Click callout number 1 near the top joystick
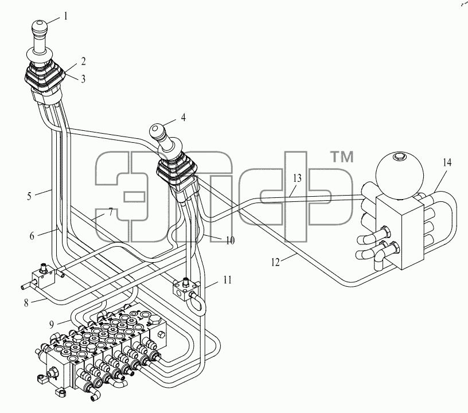tap(65, 16)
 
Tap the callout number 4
tap(184, 117)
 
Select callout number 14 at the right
tap(447, 163)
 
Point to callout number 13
tap(297, 178)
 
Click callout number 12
tap(275, 262)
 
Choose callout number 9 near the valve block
tap(52, 324)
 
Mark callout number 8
tap(26, 303)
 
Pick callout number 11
tap(228, 280)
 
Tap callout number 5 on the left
tap(29, 196)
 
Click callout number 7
tap(111, 212)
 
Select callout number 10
tap(230, 240)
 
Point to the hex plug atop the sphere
tap(399, 156)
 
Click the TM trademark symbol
tap(342, 157)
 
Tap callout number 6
tap(32, 236)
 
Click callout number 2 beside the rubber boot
tap(83, 61)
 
